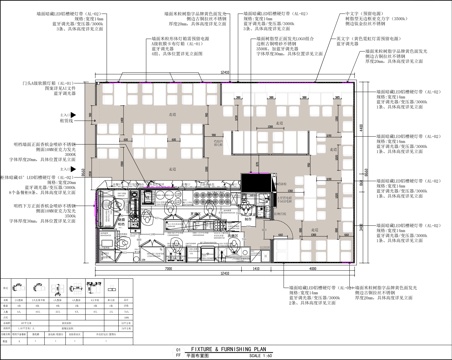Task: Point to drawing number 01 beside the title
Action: click(x=177, y=347)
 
